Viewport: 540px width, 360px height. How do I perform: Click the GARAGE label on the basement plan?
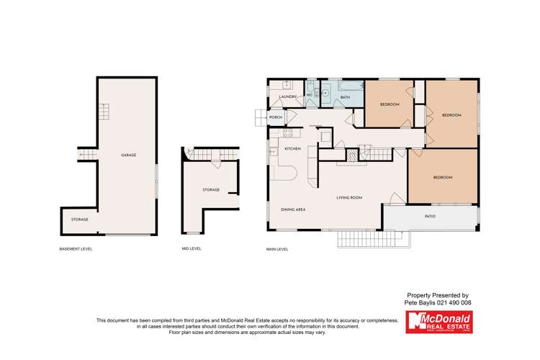tap(128, 155)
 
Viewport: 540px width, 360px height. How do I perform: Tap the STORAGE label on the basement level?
tap(79, 220)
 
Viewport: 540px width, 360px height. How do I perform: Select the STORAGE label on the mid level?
tap(211, 190)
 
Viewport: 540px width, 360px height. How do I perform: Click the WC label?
tap(310, 96)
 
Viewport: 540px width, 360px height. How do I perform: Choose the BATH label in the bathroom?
tap(345, 97)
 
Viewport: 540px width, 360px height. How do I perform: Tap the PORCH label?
tap(275, 117)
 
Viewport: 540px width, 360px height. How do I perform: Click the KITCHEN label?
tap(292, 148)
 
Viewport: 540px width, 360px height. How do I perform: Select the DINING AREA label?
tap(294, 210)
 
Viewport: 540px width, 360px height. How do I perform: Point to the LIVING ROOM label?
tap(349, 197)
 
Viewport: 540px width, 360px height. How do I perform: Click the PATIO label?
tap(430, 216)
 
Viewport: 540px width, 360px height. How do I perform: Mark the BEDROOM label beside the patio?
tap(443, 177)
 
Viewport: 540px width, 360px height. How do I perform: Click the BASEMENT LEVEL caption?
tap(76, 249)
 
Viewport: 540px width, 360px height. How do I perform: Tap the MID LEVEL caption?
tap(192, 249)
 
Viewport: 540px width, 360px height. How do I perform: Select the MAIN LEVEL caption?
tap(277, 249)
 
